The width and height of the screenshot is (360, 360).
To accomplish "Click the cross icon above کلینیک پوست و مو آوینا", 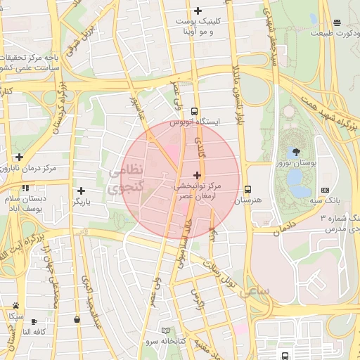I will [198, 11].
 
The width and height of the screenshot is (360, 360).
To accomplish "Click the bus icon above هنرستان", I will [247, 189].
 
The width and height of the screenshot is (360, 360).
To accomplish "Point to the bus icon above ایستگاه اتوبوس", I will [194, 111].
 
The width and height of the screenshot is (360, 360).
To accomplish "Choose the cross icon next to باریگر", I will [82, 191].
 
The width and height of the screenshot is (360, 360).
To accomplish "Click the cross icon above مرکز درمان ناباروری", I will [19, 157].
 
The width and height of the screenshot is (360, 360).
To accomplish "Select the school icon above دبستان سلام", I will [25, 188].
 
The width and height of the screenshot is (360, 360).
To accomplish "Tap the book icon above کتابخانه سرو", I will [166, 330].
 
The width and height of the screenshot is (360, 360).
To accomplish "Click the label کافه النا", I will [33, 331].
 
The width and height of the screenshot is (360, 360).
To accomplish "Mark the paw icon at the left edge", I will [15, 305].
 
